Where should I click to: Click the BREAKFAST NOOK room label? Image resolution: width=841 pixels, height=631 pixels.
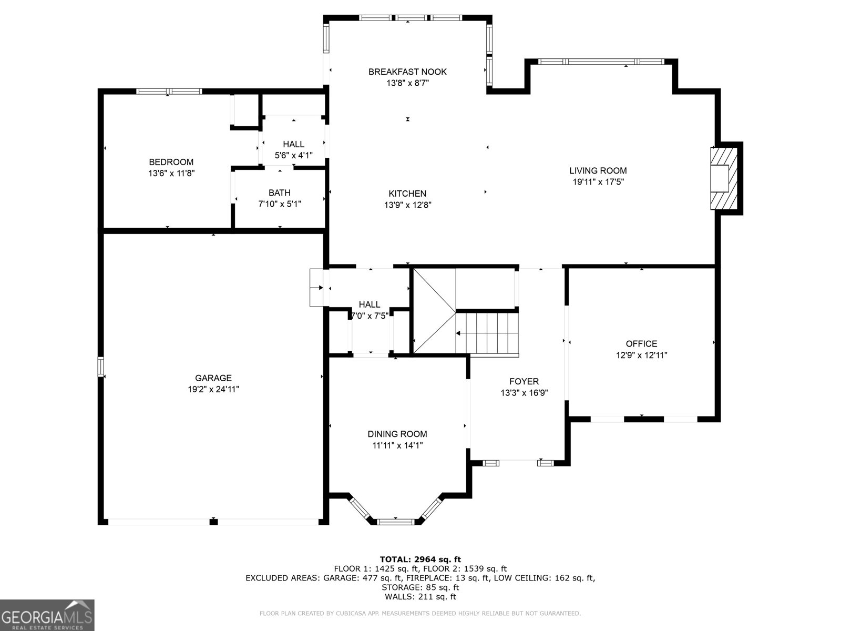[407, 72]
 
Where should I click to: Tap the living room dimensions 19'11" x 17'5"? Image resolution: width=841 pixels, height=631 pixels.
[598, 182]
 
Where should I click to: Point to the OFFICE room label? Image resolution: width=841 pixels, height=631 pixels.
[641, 343]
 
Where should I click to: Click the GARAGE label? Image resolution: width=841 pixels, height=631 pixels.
[213, 378]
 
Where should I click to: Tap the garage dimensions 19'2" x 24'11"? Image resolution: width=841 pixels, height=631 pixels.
[213, 389]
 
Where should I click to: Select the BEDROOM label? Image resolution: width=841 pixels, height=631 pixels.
[171, 162]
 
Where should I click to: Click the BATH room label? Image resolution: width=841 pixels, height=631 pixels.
[279, 192]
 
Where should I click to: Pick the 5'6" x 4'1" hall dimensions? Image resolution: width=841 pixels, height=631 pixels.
[293, 155]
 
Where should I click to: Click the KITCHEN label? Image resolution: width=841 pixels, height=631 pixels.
[407, 194]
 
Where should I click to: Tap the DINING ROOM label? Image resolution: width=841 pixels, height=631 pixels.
[397, 434]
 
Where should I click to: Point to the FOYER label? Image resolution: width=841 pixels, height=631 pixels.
[524, 381]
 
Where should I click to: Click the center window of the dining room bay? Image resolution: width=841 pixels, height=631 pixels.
[396, 522]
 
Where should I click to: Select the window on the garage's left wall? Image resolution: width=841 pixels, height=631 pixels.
[101, 367]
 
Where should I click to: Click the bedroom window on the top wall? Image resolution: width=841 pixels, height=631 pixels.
[169, 91]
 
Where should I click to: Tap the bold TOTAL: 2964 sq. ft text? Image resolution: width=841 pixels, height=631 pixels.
[420, 559]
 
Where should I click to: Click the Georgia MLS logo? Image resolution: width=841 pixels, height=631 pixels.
[47, 615]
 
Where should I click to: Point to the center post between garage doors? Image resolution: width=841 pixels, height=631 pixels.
[213, 522]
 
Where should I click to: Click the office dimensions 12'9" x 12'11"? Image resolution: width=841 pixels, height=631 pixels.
[641, 355]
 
